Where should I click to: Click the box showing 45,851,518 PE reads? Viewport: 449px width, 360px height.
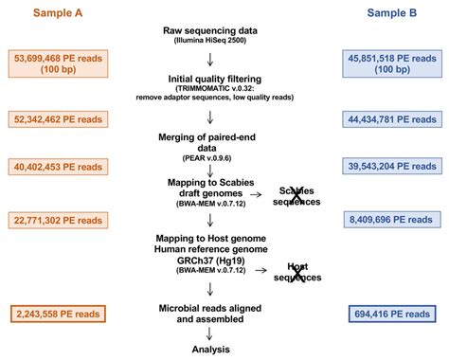tap(390, 63)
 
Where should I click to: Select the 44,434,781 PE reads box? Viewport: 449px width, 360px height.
tap(390, 117)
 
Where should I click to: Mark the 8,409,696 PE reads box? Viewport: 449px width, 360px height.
tap(390, 220)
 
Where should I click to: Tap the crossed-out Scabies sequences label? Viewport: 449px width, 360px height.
tap(297, 195)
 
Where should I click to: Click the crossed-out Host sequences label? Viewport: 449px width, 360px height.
tap(297, 271)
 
